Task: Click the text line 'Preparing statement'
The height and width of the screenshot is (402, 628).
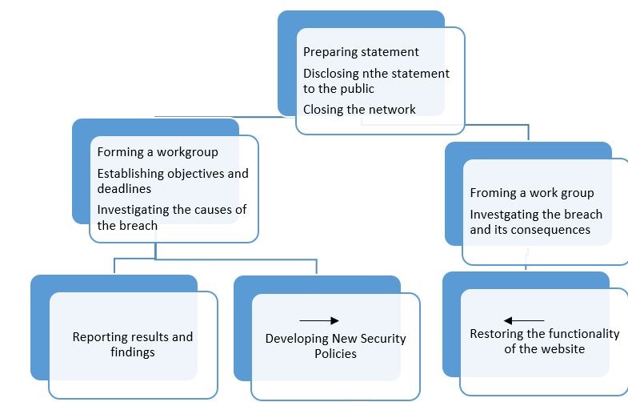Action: coord(361,52)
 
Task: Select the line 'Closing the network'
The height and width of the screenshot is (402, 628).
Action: coord(359,109)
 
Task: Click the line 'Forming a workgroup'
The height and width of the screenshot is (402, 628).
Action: coord(158,151)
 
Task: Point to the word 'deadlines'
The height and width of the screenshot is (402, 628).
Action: coord(124,189)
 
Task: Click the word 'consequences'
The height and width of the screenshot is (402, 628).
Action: coord(553,230)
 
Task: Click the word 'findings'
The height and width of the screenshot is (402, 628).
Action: coord(132,352)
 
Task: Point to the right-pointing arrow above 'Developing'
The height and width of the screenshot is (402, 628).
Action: coord(318,320)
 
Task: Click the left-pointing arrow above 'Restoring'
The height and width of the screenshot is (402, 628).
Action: coord(524,320)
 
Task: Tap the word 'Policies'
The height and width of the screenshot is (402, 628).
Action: coord(335,353)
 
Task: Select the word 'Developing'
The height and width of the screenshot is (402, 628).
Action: coord(298,338)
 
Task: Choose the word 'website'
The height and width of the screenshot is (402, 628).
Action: coord(562,348)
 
